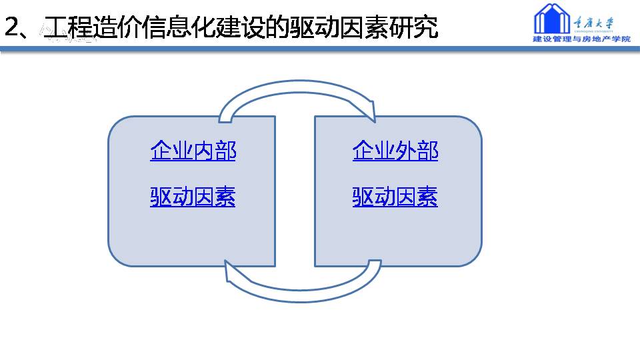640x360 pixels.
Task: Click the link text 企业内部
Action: click(193, 150)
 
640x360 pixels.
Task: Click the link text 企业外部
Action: click(395, 150)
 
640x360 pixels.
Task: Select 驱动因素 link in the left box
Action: click(193, 197)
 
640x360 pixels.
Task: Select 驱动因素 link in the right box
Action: click(395, 197)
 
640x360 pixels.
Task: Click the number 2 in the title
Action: click(12, 27)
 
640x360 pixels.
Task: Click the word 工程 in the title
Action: click(68, 27)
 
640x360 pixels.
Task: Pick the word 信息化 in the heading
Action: click(179, 27)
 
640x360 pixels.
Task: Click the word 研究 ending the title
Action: click(413, 27)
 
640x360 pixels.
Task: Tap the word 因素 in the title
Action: click(363, 27)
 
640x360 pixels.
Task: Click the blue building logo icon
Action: click(552, 19)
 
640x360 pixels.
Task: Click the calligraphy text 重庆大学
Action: click(593, 23)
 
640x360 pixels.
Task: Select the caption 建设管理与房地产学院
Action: click(581, 39)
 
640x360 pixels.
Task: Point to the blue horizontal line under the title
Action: click(320, 49)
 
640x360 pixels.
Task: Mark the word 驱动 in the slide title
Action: click(313, 27)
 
